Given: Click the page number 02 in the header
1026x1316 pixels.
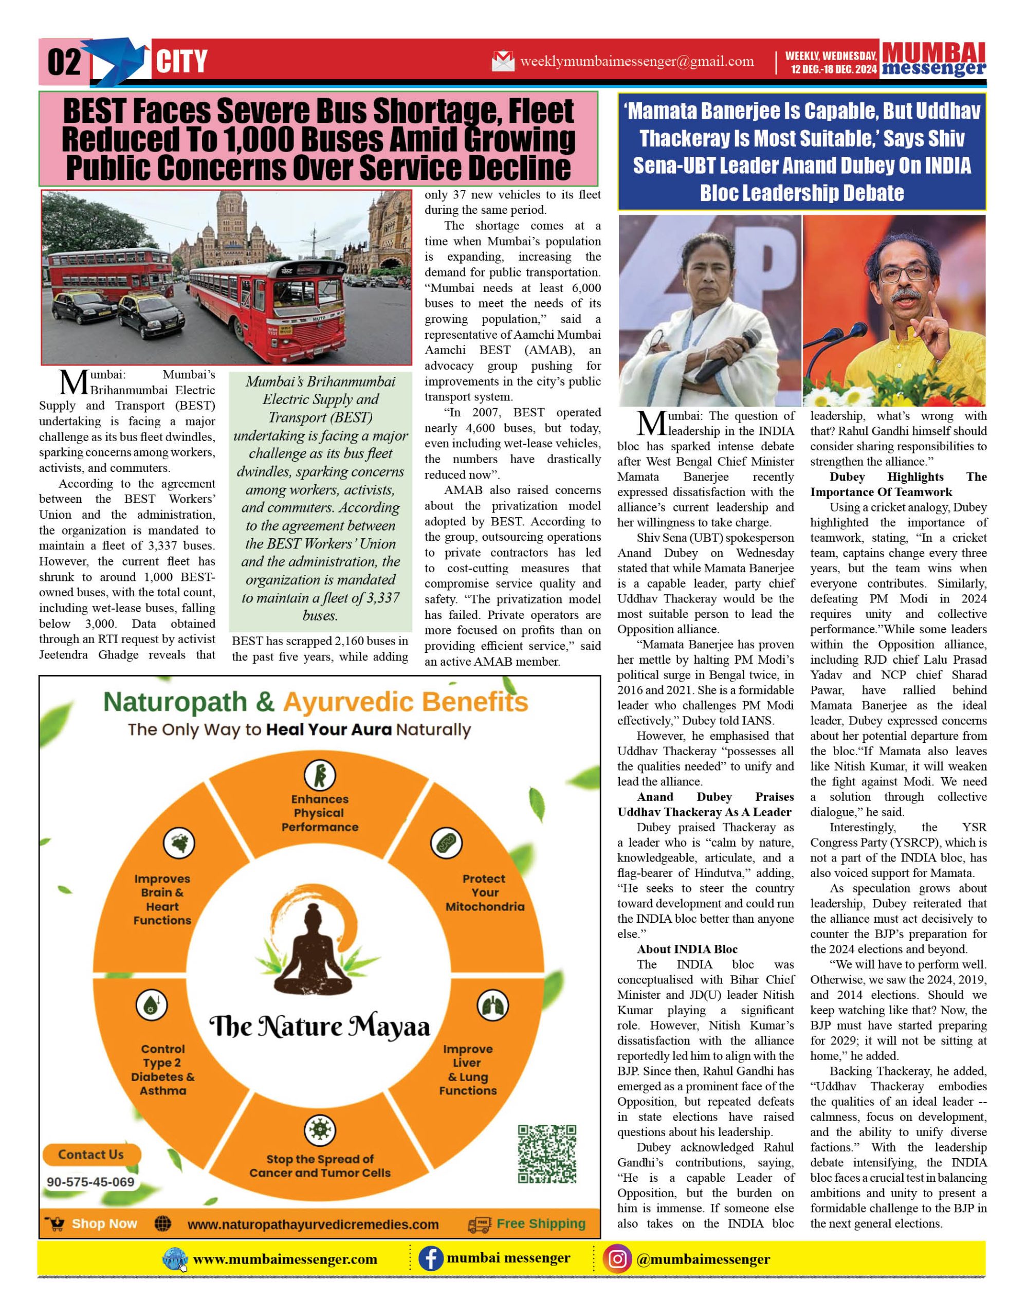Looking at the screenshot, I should (x=64, y=62).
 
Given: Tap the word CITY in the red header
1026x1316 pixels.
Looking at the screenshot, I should (x=181, y=62).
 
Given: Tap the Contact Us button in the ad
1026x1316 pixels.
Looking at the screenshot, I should (x=91, y=1155).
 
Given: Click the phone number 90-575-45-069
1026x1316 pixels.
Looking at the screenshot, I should (x=90, y=1182).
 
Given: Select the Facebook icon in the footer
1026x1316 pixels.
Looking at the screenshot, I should (x=431, y=1259).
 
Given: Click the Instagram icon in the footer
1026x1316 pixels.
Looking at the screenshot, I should (x=617, y=1259).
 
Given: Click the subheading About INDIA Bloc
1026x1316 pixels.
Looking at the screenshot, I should (x=687, y=949).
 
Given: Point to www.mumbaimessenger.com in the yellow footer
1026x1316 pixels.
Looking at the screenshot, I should (x=285, y=1259).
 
